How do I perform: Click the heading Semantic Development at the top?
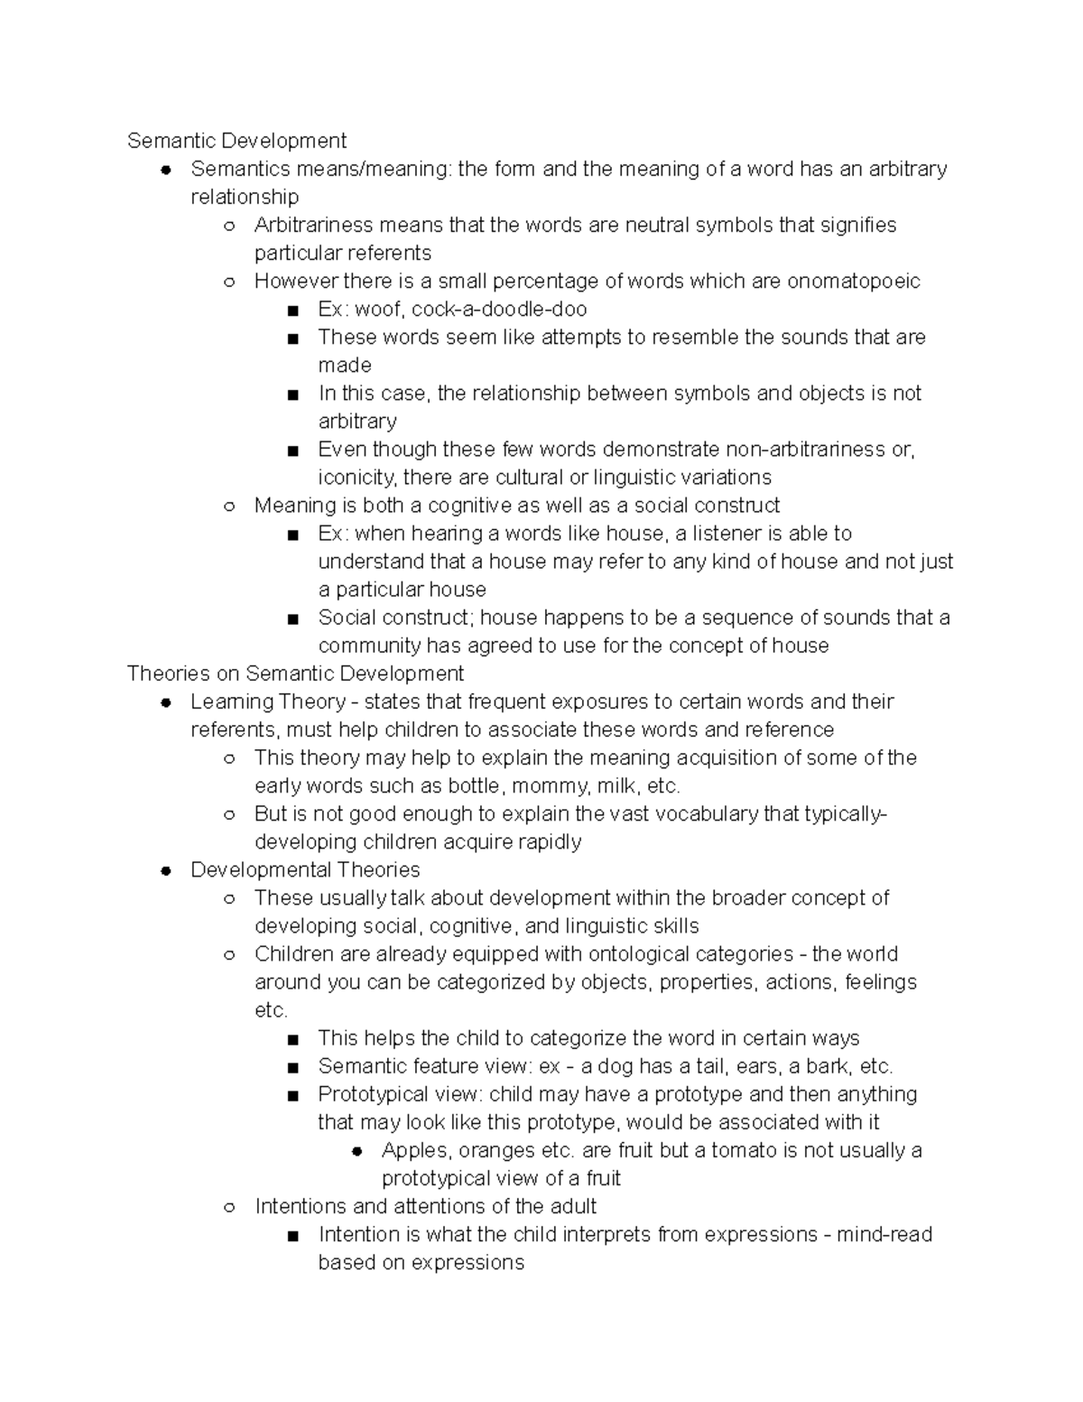point(236,141)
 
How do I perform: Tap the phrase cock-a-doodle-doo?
point(499,310)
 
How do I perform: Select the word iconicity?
point(358,478)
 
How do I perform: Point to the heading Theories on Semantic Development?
point(295,673)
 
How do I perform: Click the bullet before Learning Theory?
point(165,702)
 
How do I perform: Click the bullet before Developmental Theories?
point(165,871)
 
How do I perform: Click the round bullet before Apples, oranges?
point(356,1151)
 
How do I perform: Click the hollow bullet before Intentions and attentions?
point(229,1207)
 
